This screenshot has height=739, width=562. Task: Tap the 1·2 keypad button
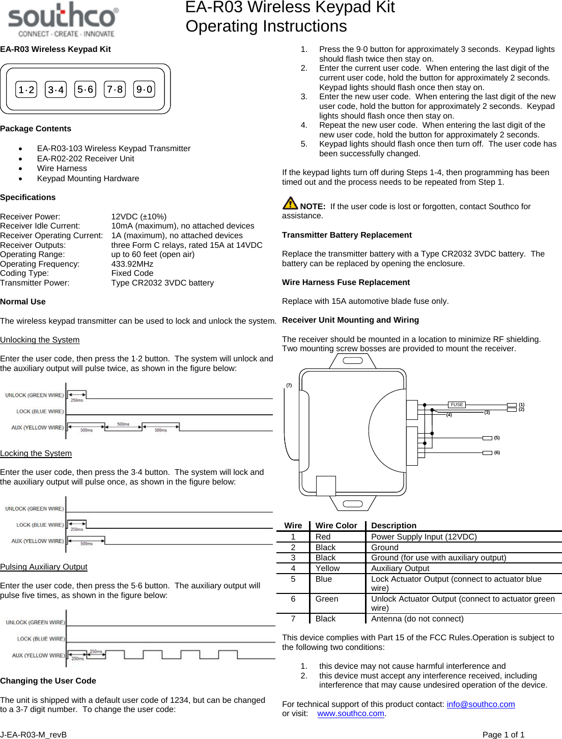coord(26,90)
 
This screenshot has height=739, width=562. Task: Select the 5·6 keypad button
coord(85,90)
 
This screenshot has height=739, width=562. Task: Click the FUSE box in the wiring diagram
coord(457,405)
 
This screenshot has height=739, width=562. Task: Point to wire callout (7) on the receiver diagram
coord(289,385)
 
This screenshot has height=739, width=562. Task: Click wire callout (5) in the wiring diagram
coord(497,438)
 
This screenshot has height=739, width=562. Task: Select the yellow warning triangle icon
coord(290,203)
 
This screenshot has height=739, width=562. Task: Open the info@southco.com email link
coord(481,704)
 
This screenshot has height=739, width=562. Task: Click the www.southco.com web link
coord(351,714)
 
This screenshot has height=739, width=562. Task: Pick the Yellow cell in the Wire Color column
coord(327,569)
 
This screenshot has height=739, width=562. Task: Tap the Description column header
coord(394,525)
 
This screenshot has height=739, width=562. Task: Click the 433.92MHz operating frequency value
coord(132,264)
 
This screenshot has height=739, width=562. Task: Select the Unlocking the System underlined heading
coord(40,339)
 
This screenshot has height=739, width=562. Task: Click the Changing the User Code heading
coord(48,680)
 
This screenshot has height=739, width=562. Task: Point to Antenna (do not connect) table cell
coord(417,619)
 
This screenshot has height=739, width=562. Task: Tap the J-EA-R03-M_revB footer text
coord(34,734)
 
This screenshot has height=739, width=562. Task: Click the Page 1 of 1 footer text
coord(503,734)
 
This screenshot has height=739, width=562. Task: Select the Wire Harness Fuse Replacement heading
coord(346,282)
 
